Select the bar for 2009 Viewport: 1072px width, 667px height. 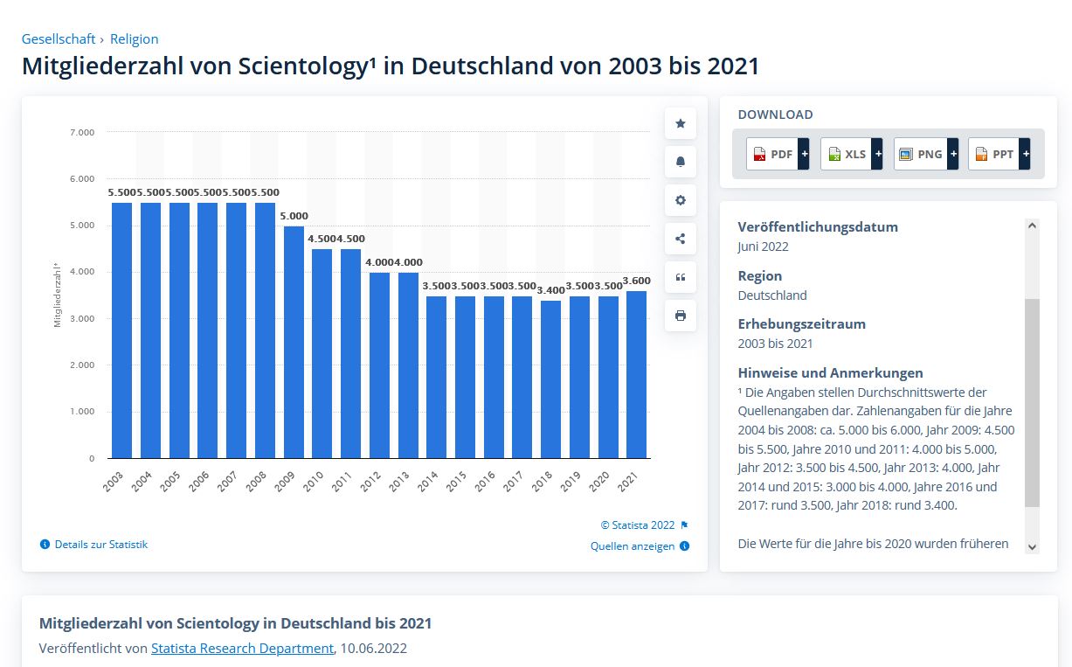tap(294, 342)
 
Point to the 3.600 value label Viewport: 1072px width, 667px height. tap(636, 280)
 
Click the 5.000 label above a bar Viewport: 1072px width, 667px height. tap(294, 216)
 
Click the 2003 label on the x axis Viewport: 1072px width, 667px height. tap(114, 482)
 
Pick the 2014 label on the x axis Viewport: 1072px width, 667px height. tap(427, 482)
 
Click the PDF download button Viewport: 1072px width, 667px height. tap(778, 155)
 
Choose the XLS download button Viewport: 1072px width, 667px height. tap(851, 155)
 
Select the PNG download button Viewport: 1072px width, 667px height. tap(925, 155)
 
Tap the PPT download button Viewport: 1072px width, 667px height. tap(999, 155)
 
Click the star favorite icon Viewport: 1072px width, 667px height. tap(681, 123)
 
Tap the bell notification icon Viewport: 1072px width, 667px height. tap(681, 162)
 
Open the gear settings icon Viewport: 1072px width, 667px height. tap(681, 200)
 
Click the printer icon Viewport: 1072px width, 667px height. tap(681, 316)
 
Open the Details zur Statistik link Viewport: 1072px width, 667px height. tap(100, 545)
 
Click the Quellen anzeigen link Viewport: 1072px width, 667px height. tap(633, 546)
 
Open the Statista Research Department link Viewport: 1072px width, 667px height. tap(242, 649)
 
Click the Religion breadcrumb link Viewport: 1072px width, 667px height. tap(134, 39)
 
